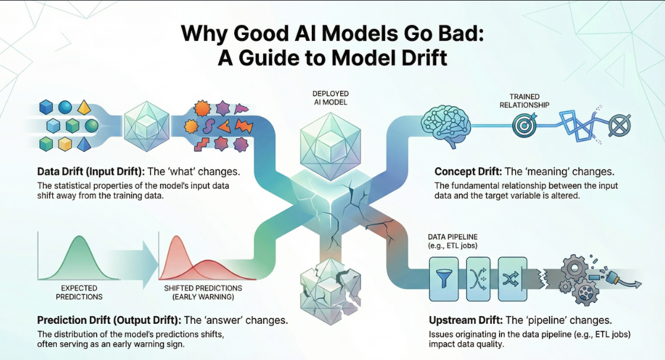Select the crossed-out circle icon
click(x=621, y=125)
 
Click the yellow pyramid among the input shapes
click(x=84, y=107)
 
